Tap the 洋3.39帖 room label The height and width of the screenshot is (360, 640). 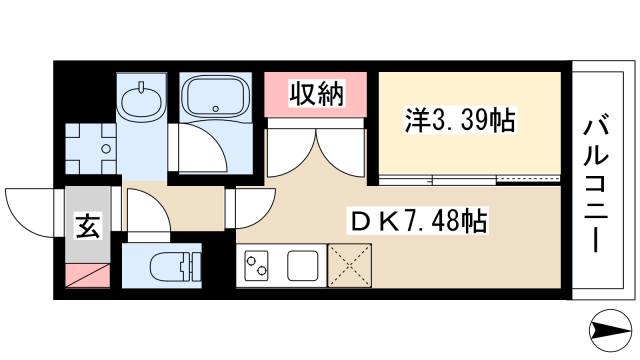coord(460,121)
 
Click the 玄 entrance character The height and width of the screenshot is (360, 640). coord(87,227)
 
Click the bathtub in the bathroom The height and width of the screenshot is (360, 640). coord(214,99)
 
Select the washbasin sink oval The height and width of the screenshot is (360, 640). coord(139,100)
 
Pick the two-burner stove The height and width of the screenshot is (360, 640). coord(257,267)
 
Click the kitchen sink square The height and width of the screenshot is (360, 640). coord(302,267)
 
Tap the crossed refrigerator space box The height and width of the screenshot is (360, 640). coord(350,267)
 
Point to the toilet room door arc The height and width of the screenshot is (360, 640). coord(145,213)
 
